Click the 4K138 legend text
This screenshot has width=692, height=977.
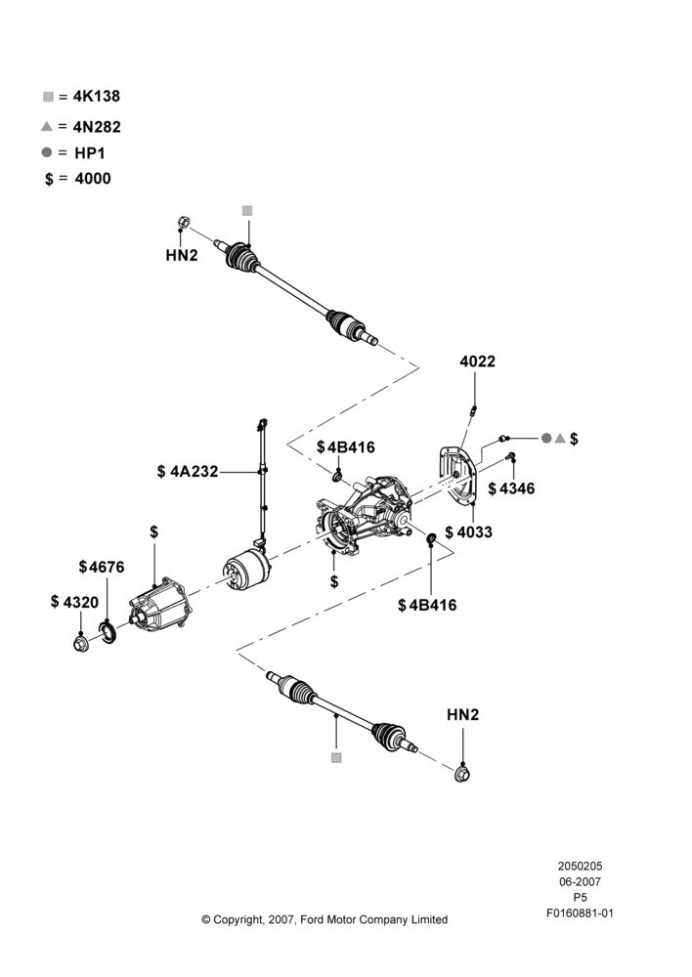click(x=97, y=96)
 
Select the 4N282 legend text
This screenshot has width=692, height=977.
click(x=97, y=126)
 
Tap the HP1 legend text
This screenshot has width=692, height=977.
click(x=90, y=152)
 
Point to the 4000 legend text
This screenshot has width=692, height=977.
click(x=93, y=178)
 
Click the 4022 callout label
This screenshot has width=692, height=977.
click(x=478, y=361)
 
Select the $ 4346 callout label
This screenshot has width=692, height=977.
click(x=511, y=488)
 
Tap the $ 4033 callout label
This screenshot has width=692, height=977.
click(x=469, y=532)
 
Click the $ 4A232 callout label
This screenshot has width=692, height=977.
click(x=188, y=472)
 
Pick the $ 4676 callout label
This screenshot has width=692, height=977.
click(x=102, y=567)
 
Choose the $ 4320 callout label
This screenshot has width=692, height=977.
click(x=75, y=602)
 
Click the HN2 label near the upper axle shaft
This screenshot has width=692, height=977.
click(x=182, y=255)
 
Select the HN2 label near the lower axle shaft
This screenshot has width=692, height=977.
click(x=462, y=715)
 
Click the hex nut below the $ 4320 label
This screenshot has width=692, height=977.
click(x=80, y=643)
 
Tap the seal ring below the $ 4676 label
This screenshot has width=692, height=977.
click(x=108, y=632)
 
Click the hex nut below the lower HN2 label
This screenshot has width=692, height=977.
click(x=462, y=774)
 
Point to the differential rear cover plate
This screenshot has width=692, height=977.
click(x=457, y=474)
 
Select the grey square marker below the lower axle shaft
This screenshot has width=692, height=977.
click(x=336, y=758)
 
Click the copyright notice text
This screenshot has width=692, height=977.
click(x=324, y=919)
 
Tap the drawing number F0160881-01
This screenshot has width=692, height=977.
click(x=580, y=913)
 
